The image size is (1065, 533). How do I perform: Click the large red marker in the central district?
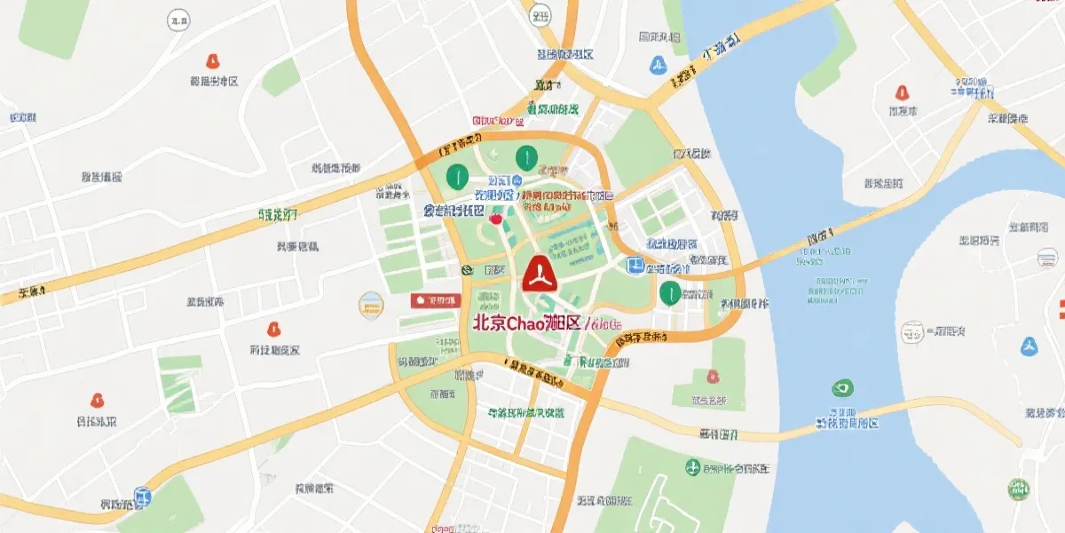coord(539,274)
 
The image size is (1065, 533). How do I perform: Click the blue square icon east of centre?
coord(635,266)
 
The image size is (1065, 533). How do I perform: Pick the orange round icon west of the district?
coord(371,305)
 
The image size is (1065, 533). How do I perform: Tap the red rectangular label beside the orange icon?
coord(435,301)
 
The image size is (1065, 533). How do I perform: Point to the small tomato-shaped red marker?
coord(495,216)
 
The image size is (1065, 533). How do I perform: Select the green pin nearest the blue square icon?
coord(669,291)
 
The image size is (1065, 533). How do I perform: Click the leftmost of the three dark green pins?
coord(457,175)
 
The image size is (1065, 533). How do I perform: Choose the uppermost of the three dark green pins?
coord(525,158)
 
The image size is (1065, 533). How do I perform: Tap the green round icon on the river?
coord(841,388)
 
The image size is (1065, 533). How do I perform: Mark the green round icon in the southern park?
coord(692,466)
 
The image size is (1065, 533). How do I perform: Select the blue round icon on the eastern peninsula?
coord(1029,346)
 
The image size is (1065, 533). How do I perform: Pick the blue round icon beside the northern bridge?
coord(658,64)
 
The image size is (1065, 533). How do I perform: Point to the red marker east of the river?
coord(902,92)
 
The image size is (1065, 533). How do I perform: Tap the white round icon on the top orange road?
coord(540,16)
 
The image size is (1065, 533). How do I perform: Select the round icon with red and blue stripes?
coord(1046,259)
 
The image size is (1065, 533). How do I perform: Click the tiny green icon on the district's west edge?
coord(467,269)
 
